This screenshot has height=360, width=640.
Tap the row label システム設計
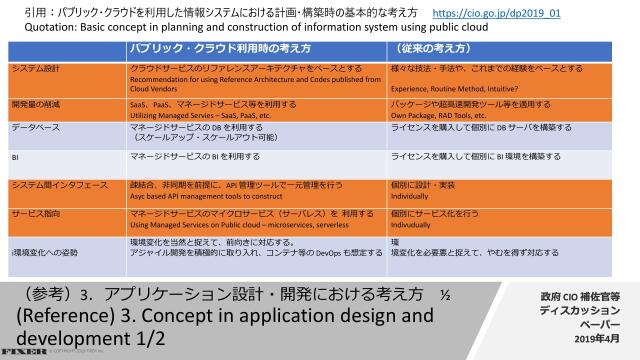pos(35,68)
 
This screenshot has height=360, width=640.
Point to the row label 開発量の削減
pos(35,104)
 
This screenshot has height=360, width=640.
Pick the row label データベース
pos(35,128)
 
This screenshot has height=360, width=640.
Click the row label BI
pos(15,157)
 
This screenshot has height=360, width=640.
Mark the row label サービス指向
pos(35,214)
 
